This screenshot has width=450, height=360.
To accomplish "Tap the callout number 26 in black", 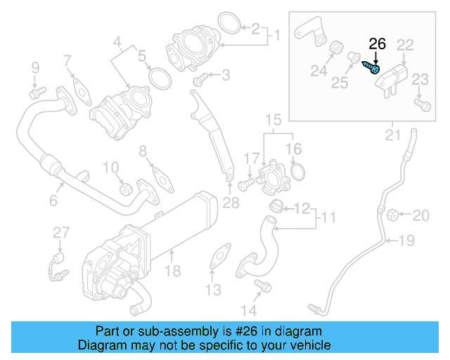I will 378,44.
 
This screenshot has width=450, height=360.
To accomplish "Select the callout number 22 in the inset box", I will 405,45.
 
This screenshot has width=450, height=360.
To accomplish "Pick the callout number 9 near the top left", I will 34,67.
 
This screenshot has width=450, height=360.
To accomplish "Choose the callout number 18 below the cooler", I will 172,271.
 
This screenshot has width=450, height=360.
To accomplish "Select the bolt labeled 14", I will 263,285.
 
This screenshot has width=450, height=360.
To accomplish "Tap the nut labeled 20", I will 393,214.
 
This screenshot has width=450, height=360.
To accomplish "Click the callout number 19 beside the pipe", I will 406,242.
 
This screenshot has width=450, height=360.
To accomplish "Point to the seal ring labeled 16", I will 296,171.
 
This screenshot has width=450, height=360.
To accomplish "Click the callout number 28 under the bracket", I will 231,204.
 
